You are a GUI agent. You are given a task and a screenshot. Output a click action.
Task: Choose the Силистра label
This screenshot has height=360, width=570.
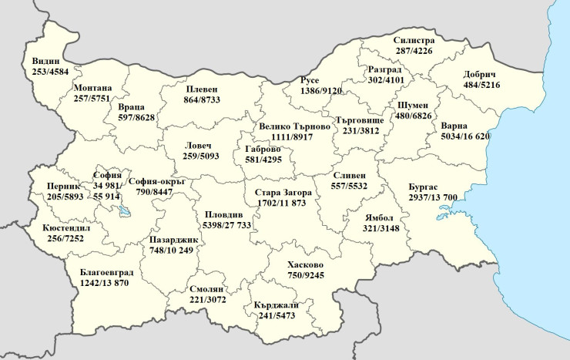coord(414,41)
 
